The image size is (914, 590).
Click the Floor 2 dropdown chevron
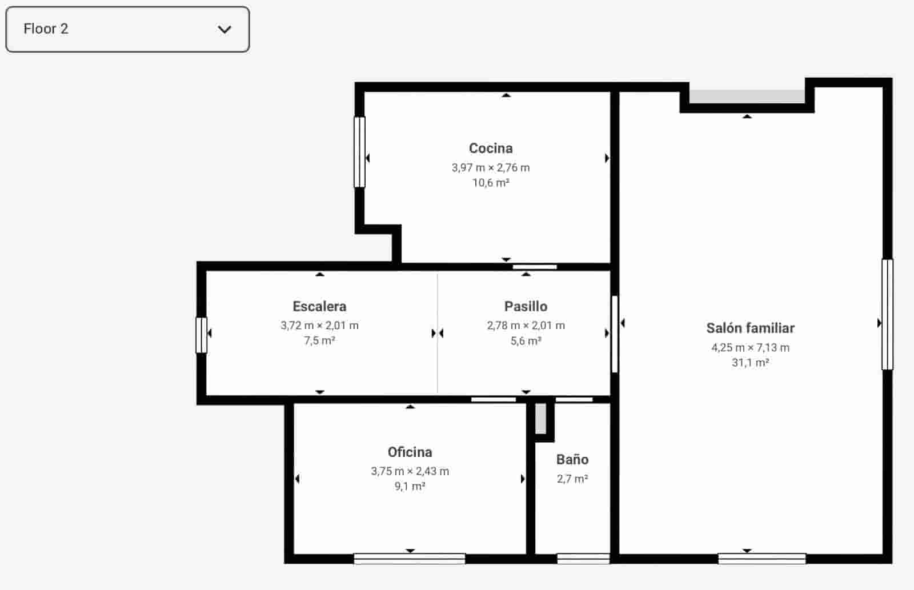pyautogui.click(x=225, y=29)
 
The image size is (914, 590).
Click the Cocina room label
pyautogui.click(x=491, y=148)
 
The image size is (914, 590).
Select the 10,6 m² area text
pyautogui.click(x=491, y=183)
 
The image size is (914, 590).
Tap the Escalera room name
pyautogui.click(x=319, y=307)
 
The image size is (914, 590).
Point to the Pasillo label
pyautogui.click(x=526, y=307)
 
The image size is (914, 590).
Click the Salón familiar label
pyautogui.click(x=750, y=328)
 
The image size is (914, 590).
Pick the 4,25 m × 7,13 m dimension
pyautogui.click(x=750, y=347)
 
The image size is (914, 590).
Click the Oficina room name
pyautogui.click(x=410, y=452)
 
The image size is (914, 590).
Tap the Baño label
pyautogui.click(x=572, y=460)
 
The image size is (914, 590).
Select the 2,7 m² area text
pyautogui.click(x=572, y=479)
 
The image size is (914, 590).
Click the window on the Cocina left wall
pyautogui.click(x=359, y=152)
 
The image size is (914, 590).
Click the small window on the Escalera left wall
pyautogui.click(x=201, y=335)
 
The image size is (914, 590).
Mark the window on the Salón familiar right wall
pyautogui.click(x=887, y=315)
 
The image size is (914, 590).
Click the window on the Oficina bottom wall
pyautogui.click(x=409, y=559)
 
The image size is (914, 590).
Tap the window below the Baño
pyautogui.click(x=583, y=559)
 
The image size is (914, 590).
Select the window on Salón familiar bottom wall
pyautogui.click(x=761, y=559)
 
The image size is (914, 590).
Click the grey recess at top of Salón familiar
pyautogui.click(x=747, y=97)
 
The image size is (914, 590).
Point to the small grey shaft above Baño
pyautogui.click(x=541, y=419)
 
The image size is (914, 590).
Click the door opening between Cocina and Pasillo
pyautogui.click(x=535, y=267)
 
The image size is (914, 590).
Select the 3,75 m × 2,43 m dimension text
pyautogui.click(x=410, y=471)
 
